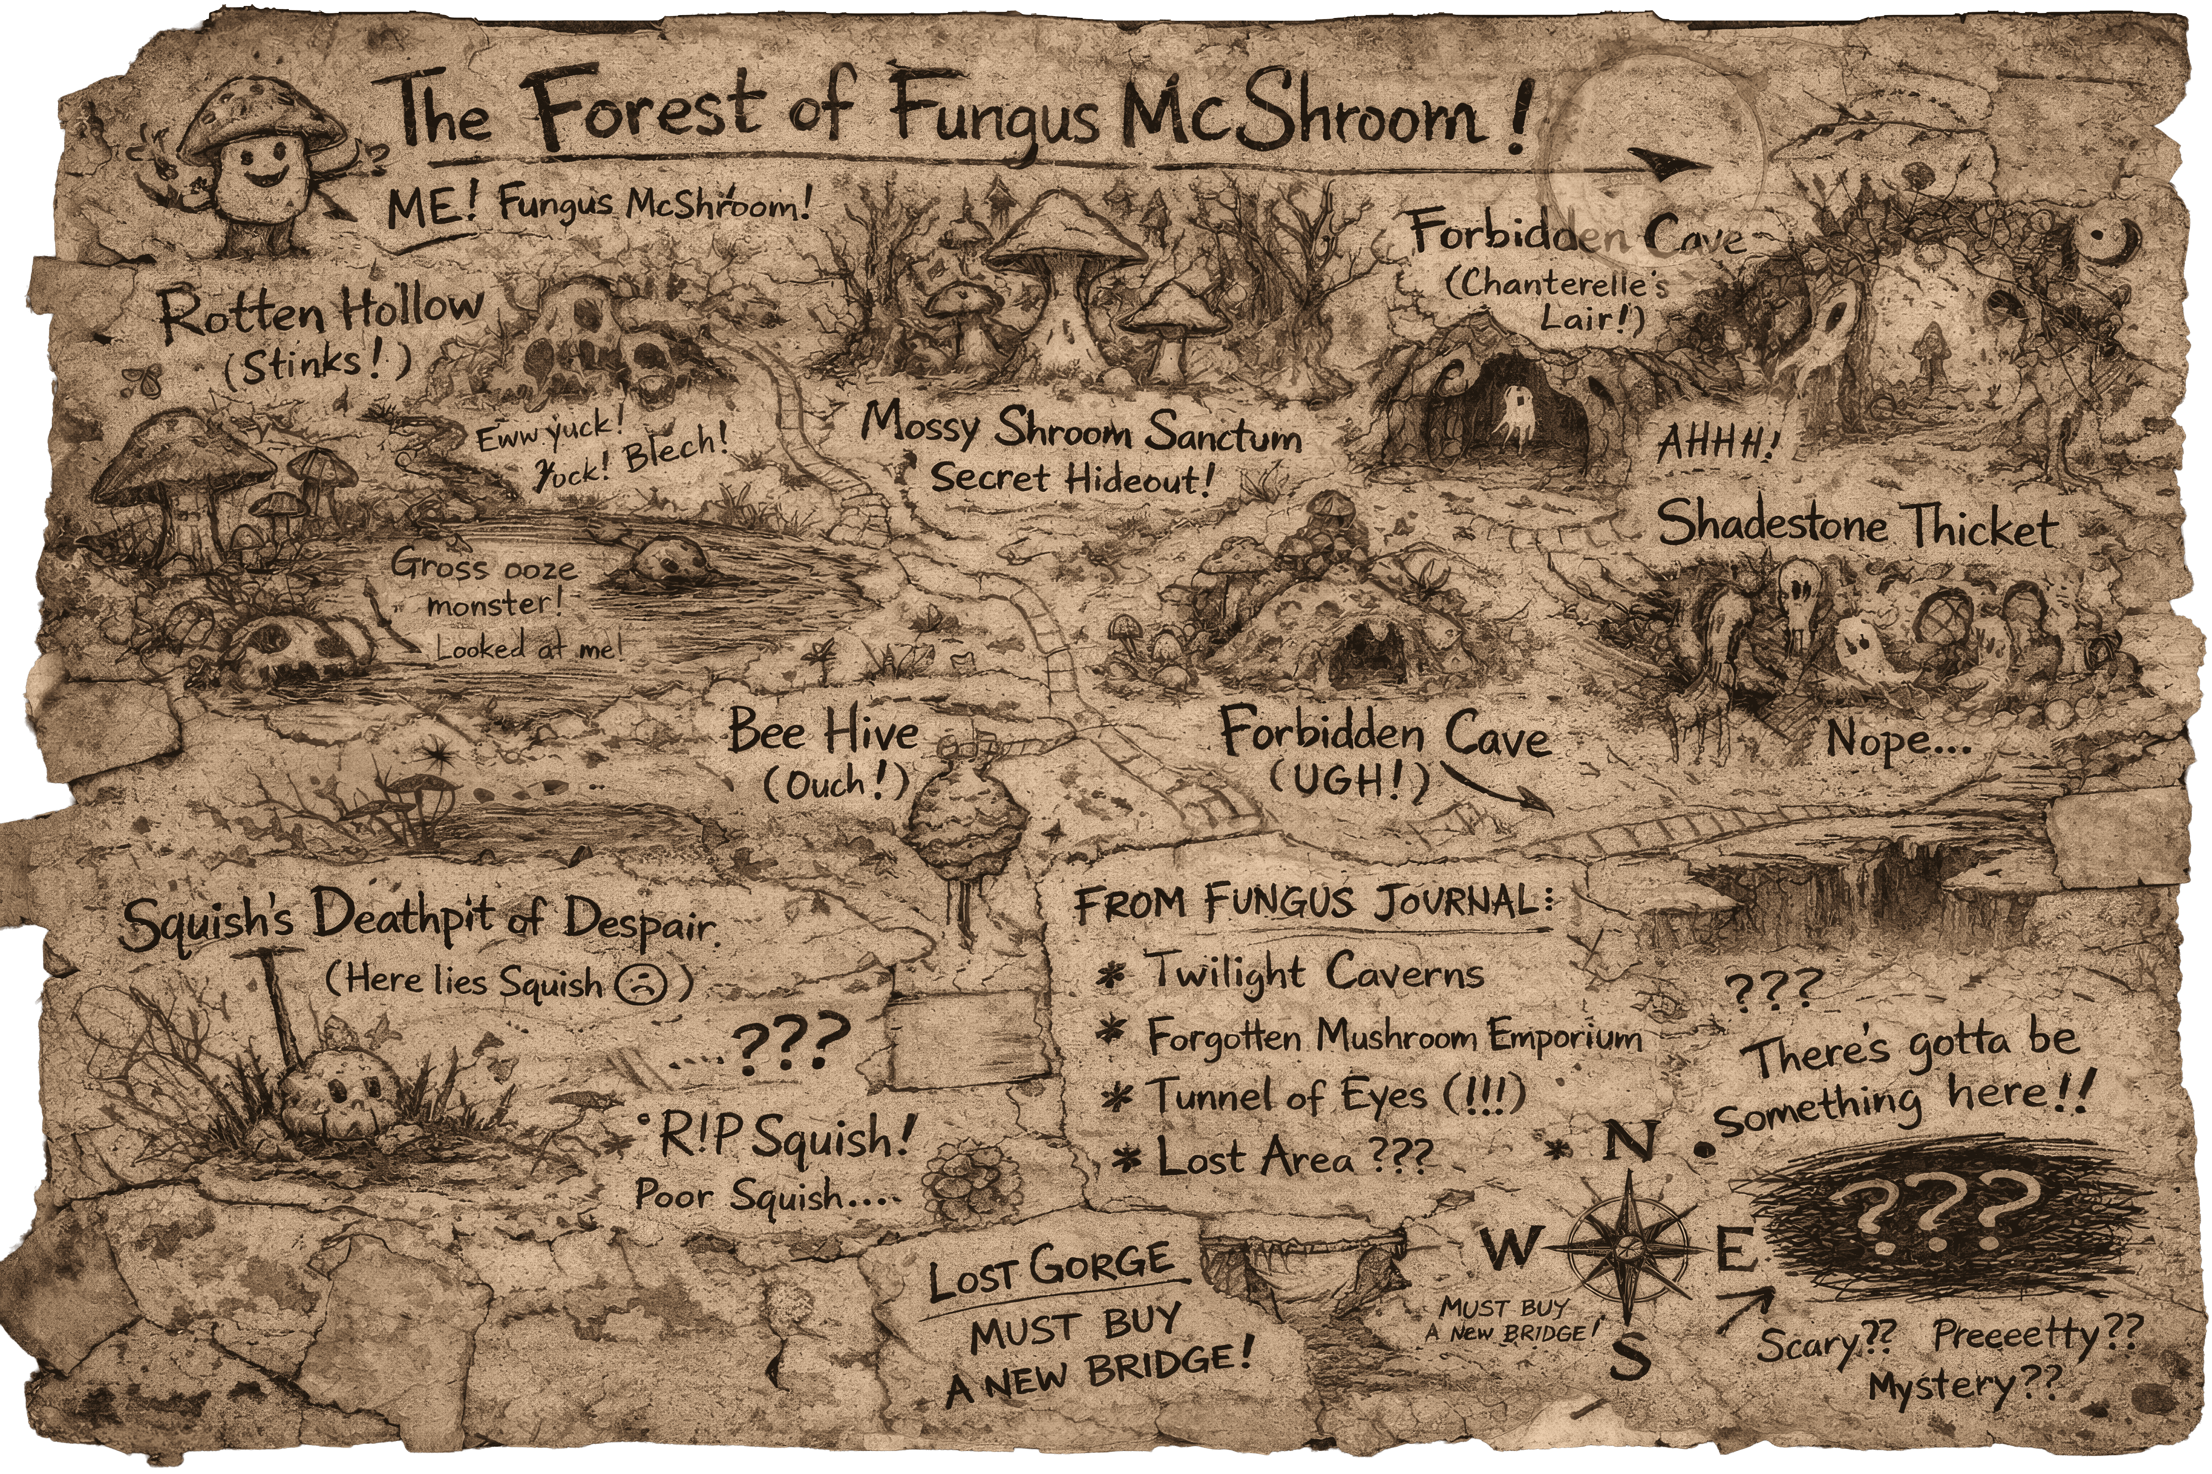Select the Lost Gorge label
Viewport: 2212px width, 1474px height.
coord(1051,1271)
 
